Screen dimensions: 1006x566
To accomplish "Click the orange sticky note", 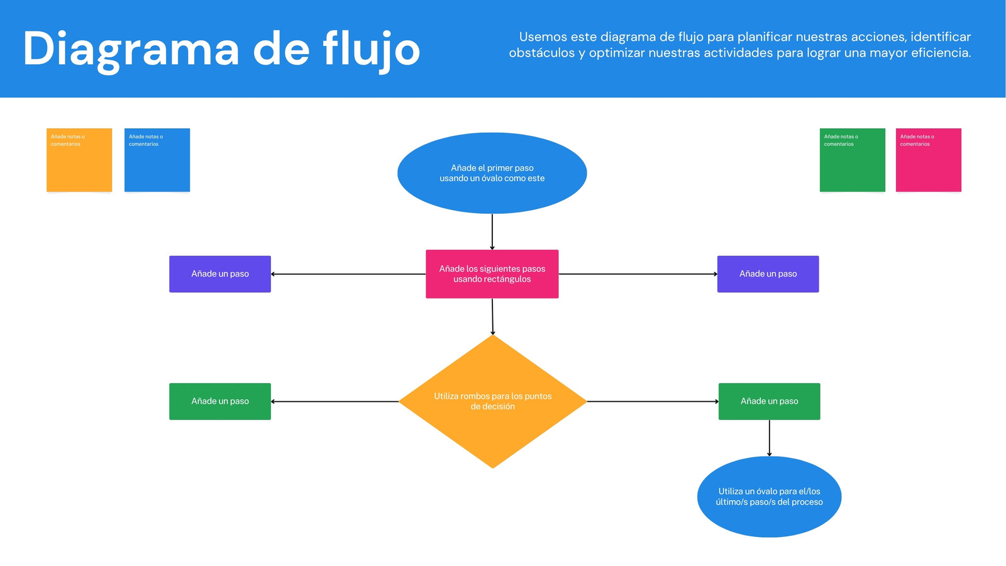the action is pyautogui.click(x=79, y=160).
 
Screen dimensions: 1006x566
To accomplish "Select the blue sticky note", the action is pyautogui.click(x=157, y=160).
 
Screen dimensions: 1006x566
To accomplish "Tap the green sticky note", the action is pyautogui.click(x=853, y=160).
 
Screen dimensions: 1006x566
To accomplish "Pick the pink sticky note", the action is pyautogui.click(x=929, y=160).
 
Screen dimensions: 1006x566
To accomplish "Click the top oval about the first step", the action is pyautogui.click(x=492, y=173).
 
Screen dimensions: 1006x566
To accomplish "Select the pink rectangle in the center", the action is pyautogui.click(x=492, y=274).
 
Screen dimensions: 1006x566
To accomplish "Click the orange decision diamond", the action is pyautogui.click(x=493, y=402).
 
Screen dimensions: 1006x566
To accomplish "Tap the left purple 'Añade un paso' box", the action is pyautogui.click(x=220, y=274).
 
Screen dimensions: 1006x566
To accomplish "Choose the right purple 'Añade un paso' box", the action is pyautogui.click(x=768, y=274).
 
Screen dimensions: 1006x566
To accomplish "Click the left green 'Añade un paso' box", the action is pyautogui.click(x=220, y=402).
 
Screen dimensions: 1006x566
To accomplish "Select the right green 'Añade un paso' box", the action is pyautogui.click(x=770, y=402).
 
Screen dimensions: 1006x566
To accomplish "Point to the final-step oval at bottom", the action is pyautogui.click(x=770, y=497).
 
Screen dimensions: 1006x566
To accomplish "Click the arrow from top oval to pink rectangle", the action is pyautogui.click(x=492, y=232).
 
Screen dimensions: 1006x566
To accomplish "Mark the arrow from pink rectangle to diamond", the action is pyautogui.click(x=493, y=317).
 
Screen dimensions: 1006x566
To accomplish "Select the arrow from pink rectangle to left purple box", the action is pyautogui.click(x=348, y=274).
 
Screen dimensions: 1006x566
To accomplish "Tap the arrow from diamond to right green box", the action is pyautogui.click(x=653, y=402).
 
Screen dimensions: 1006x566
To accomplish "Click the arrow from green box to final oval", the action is pyautogui.click(x=770, y=438).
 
